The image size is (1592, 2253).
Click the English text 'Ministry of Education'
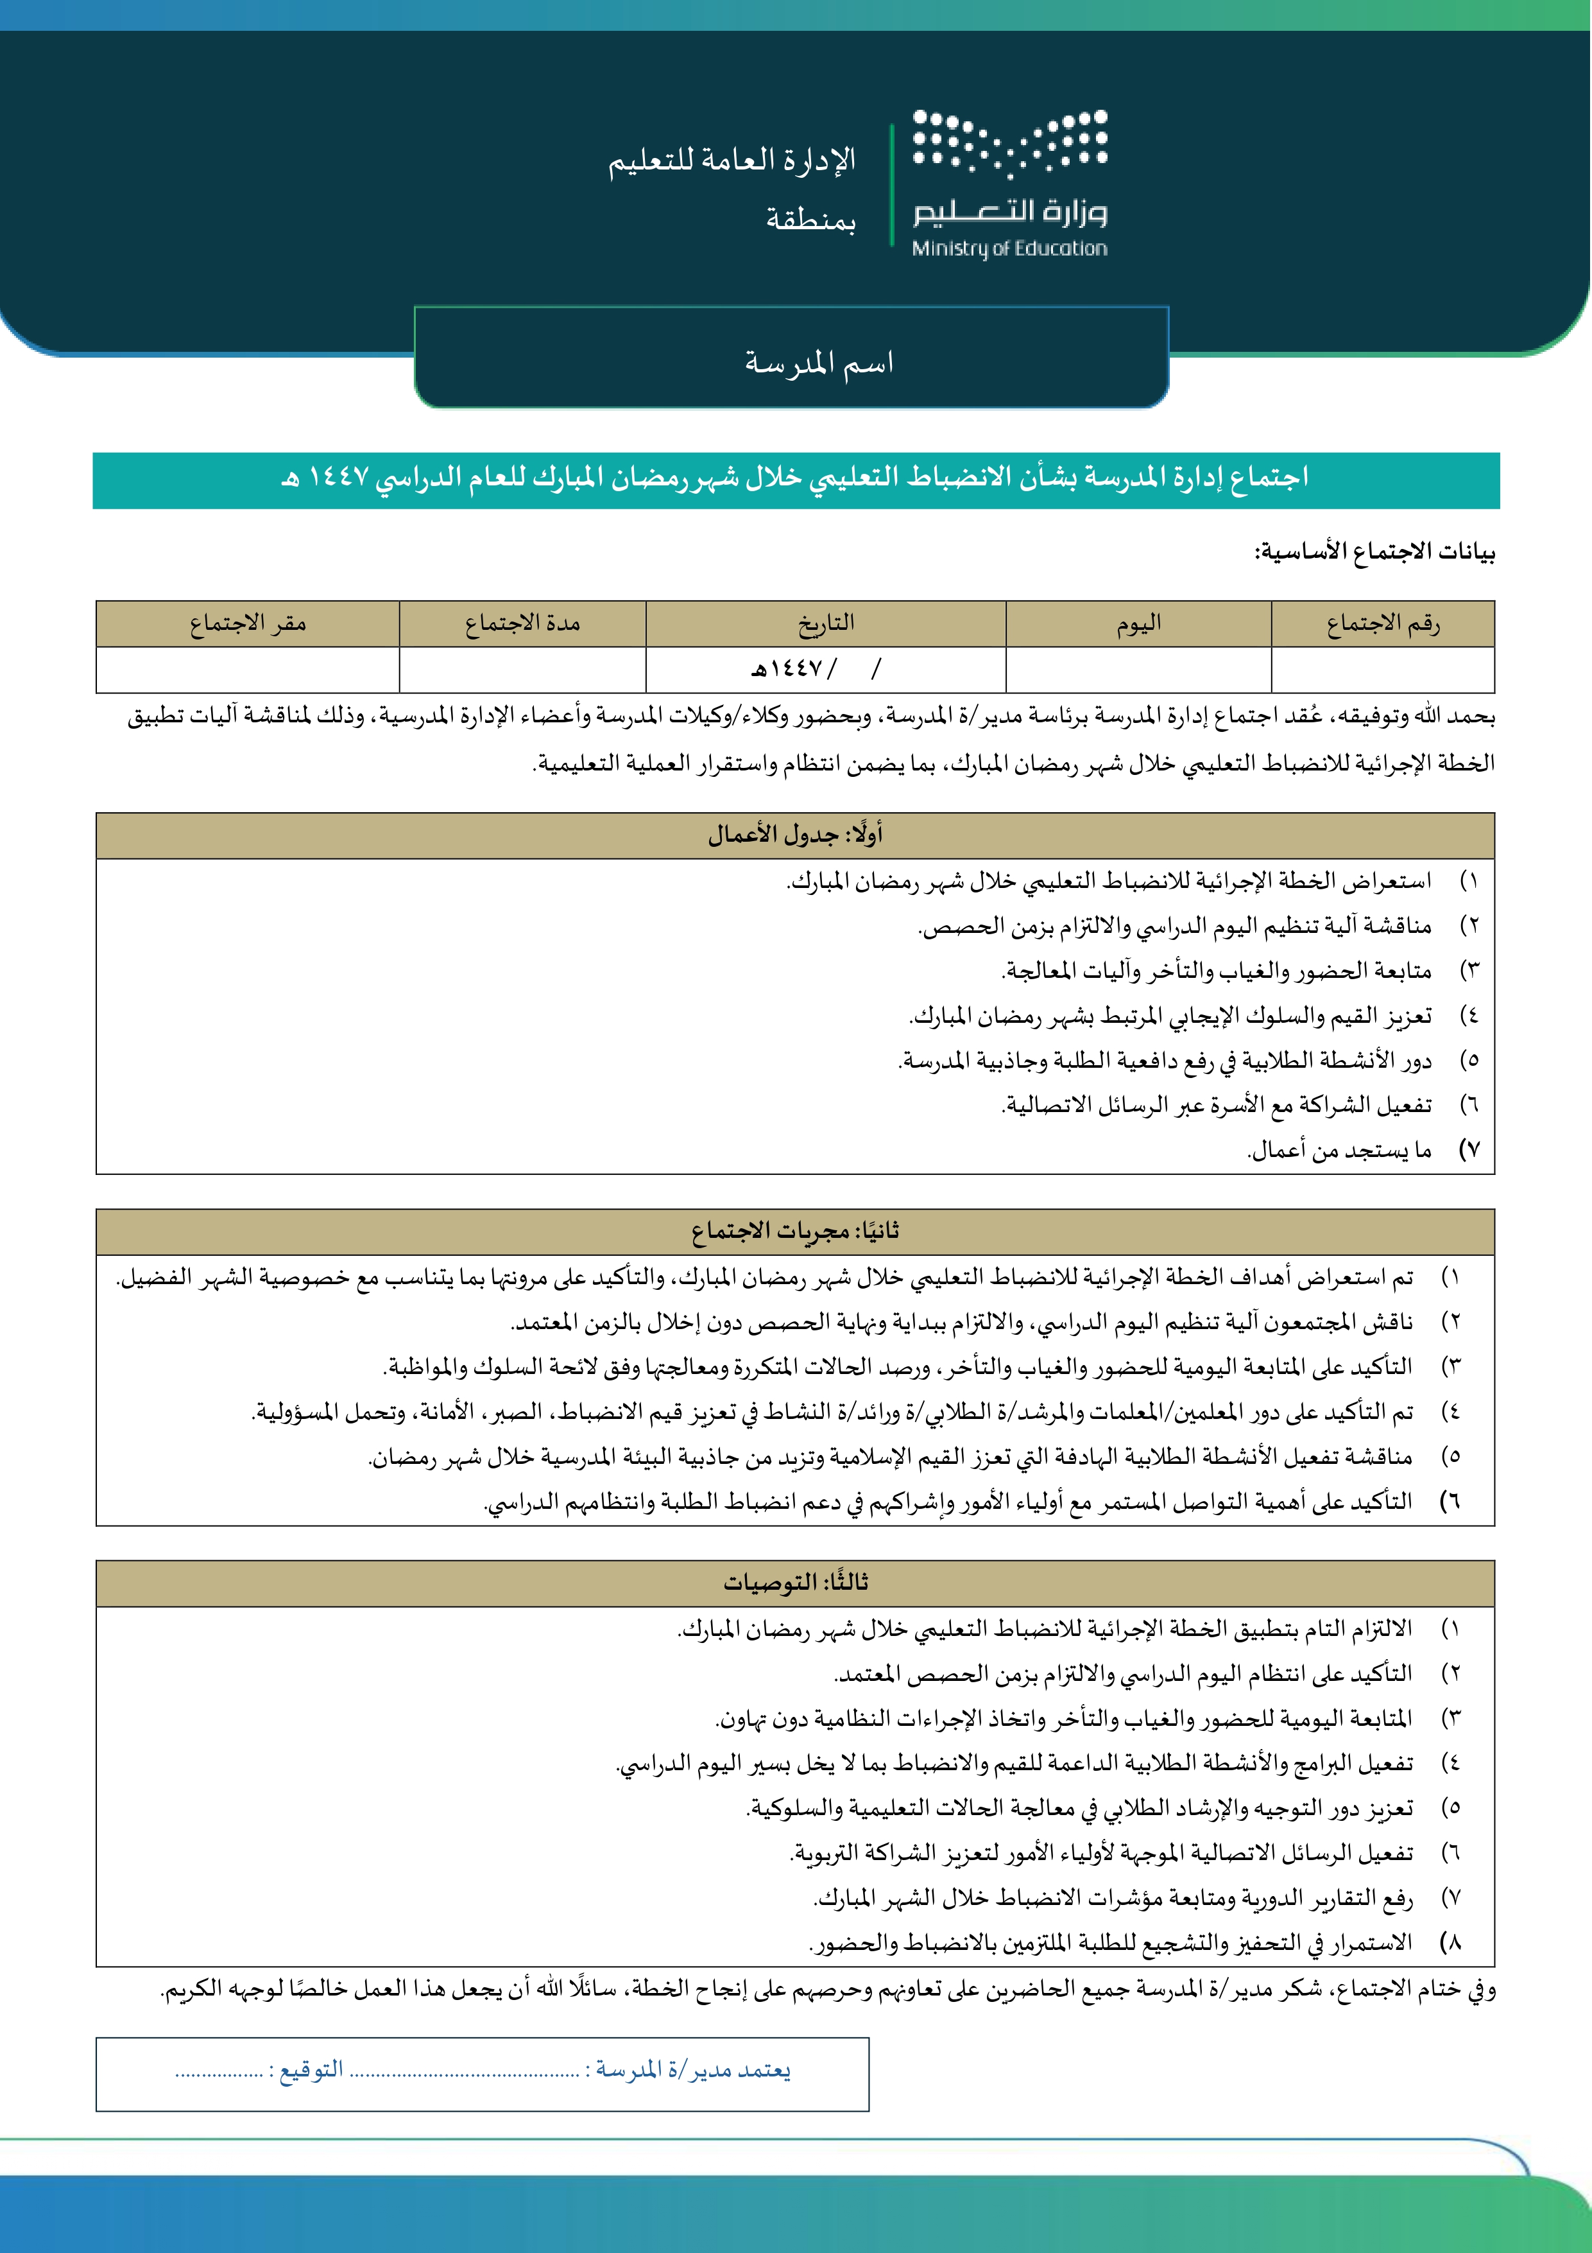coord(1009,249)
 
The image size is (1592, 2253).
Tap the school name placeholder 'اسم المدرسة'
coord(818,363)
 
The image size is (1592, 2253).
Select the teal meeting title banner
coord(796,480)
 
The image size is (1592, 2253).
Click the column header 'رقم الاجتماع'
coord(1382,623)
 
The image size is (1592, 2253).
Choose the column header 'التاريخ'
coord(826,623)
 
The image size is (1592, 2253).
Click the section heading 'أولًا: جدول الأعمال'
coord(796,835)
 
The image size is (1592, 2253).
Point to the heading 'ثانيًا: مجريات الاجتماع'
coord(796,1231)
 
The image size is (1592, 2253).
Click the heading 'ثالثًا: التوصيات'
coord(796,1583)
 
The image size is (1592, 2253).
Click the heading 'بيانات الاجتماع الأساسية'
coord(1374,552)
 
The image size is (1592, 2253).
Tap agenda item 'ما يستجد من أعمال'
coord(1339,1150)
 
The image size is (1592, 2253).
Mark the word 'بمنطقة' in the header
coord(810,220)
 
